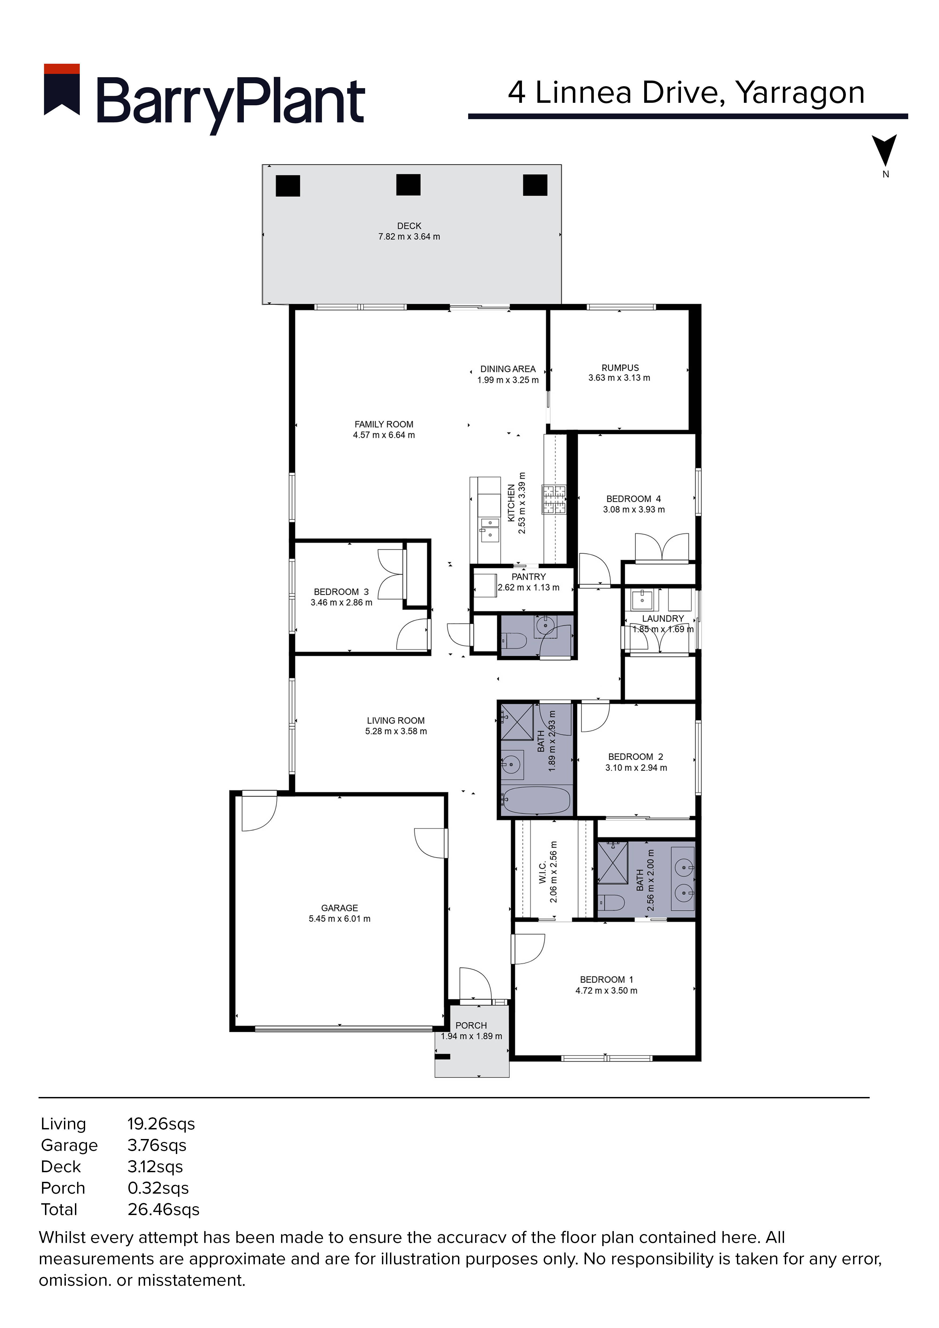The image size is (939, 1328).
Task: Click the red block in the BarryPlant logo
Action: [62, 69]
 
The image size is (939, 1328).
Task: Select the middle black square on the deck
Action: [408, 185]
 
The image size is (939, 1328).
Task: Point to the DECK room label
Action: [409, 226]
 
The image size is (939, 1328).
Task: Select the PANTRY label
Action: [528, 577]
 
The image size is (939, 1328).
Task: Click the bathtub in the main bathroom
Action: [537, 800]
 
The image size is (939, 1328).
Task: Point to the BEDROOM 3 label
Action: [341, 592]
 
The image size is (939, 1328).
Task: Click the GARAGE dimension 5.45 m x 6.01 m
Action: [339, 918]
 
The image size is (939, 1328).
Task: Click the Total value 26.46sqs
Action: [164, 1209]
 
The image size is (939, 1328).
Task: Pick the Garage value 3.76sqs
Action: [157, 1145]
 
